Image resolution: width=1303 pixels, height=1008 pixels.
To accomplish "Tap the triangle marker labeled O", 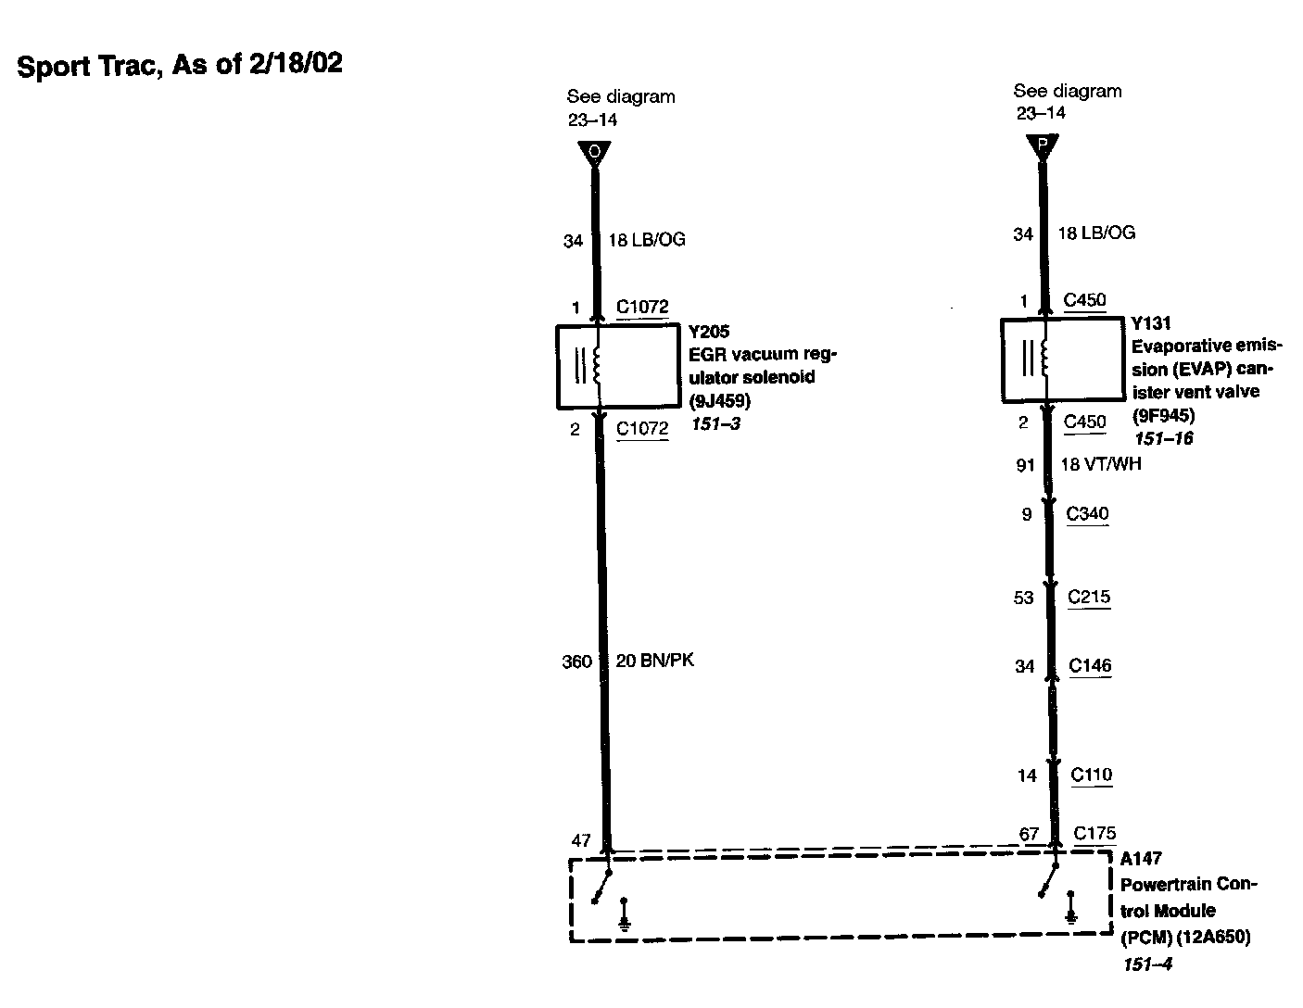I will click(594, 153).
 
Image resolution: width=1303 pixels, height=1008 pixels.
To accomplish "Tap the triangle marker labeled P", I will click(1043, 145).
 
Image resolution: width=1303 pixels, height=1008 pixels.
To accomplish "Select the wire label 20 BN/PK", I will click(654, 661).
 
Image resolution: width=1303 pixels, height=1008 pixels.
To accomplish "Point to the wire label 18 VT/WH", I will click(1100, 464).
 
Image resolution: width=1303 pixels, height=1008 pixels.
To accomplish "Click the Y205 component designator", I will click(709, 332).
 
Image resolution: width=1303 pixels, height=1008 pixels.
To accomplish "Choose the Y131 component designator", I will click(1151, 323).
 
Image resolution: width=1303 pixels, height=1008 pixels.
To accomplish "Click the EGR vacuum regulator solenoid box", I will click(619, 367).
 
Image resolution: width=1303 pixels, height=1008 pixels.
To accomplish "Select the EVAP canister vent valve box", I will click(1063, 360).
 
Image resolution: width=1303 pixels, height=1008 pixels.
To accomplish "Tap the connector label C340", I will click(1087, 514).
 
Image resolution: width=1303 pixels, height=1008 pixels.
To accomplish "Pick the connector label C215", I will click(1089, 597).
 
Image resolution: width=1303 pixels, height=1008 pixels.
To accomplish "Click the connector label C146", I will click(1090, 665).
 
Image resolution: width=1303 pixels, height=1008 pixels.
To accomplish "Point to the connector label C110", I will click(1091, 775).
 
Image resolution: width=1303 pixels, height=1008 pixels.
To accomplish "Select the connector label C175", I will click(1094, 833).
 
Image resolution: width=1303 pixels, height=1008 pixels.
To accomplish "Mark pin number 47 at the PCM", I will click(580, 841).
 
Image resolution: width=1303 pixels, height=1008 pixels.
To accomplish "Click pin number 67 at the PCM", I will click(1029, 834).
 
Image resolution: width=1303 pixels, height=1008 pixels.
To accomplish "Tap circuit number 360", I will click(576, 661).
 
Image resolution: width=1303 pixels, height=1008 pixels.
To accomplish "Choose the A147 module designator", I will click(1141, 859).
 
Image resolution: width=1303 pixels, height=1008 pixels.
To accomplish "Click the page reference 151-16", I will click(1162, 438).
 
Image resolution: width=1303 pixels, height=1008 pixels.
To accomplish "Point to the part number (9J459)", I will click(719, 401).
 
